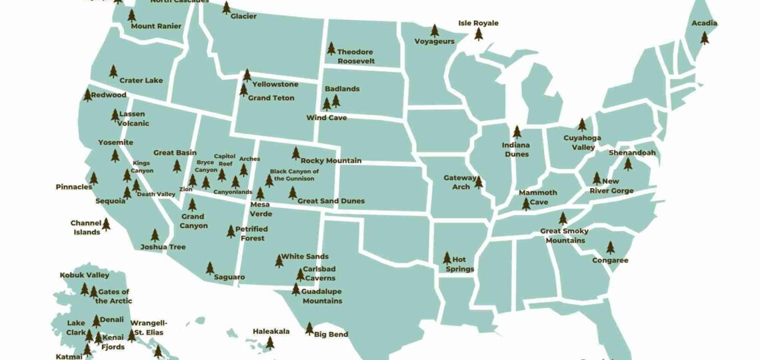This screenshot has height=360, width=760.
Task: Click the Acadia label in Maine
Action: [x=704, y=23]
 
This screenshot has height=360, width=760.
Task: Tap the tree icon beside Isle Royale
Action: [x=478, y=34]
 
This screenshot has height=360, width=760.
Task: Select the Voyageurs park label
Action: [x=435, y=41]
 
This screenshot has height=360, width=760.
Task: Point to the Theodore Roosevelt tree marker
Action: [x=331, y=48]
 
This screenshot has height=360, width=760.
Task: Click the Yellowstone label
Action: [x=275, y=85]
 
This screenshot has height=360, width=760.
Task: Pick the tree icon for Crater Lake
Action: [x=113, y=71]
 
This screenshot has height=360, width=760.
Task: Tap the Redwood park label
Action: [x=109, y=95]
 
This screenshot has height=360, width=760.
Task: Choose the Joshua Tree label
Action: [x=163, y=247]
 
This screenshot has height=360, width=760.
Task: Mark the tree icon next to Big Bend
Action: [x=309, y=328]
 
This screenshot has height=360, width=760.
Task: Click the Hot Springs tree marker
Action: [x=447, y=258]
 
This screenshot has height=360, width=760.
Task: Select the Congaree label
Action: [x=610, y=261]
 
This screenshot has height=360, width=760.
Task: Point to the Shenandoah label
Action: [x=632, y=153]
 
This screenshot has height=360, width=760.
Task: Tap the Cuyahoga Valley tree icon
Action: [x=581, y=125]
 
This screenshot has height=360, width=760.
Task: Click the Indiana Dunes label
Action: [x=516, y=150]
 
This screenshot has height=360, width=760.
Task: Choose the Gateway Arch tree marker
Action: [x=478, y=181]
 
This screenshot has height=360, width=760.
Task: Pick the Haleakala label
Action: [x=271, y=331]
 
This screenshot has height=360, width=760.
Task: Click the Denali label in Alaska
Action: [x=112, y=319]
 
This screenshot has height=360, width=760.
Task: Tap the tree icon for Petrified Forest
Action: [x=231, y=231]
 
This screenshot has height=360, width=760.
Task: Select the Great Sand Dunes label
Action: [x=331, y=201]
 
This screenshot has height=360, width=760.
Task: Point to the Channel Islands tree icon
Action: [x=105, y=224]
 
